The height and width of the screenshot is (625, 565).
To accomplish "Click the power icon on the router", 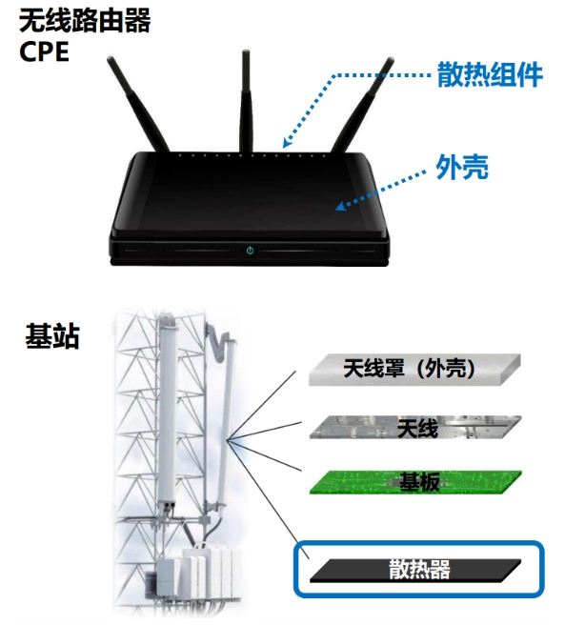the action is pyautogui.click(x=250, y=251).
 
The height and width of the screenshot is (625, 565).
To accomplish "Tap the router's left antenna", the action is pyautogui.click(x=137, y=104).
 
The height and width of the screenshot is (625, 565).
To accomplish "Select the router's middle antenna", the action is pyautogui.click(x=246, y=101).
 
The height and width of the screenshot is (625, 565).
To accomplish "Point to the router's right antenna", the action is pyautogui.click(x=363, y=105).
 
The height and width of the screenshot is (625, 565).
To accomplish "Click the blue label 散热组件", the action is pyautogui.click(x=490, y=74).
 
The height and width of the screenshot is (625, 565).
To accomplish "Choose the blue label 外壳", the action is pyautogui.click(x=462, y=167).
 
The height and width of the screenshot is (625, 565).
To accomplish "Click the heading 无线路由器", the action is pyautogui.click(x=85, y=21).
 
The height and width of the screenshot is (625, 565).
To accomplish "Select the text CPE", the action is pyautogui.click(x=44, y=51).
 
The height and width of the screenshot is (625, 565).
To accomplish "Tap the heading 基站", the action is pyautogui.click(x=52, y=336).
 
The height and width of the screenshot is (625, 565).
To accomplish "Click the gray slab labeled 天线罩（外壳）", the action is pyautogui.click(x=414, y=370).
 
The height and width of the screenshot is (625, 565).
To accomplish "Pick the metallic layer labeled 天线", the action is pyautogui.click(x=415, y=427).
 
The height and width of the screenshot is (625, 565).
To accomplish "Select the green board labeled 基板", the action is pyautogui.click(x=415, y=482).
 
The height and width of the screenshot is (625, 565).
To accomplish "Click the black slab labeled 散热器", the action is pyautogui.click(x=415, y=570).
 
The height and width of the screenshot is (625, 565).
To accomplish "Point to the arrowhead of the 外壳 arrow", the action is pyautogui.click(x=340, y=206).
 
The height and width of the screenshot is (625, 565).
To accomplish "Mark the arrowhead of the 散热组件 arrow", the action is pyautogui.click(x=287, y=142).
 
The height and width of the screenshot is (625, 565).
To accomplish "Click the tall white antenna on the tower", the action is pyautogui.click(x=169, y=411).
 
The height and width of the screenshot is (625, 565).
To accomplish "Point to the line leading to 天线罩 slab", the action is pyautogui.click(x=261, y=405).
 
